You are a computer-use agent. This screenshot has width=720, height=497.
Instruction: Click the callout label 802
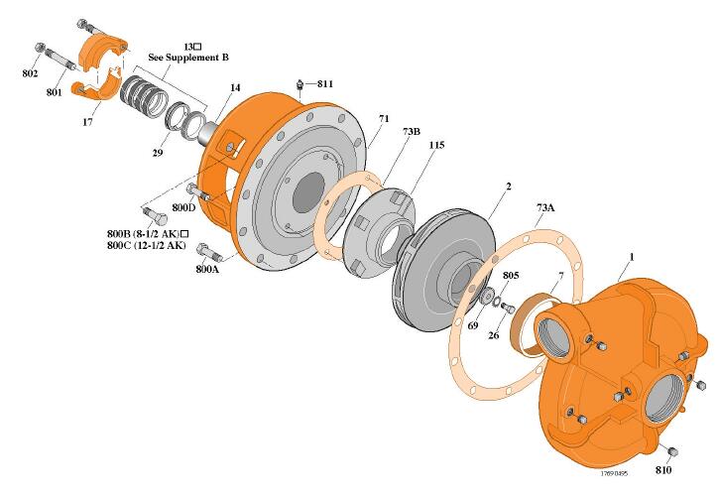[30, 73]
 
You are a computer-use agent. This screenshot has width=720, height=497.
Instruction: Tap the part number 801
[54, 92]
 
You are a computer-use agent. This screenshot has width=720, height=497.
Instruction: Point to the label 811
[325, 84]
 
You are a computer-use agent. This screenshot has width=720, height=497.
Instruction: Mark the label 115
[435, 145]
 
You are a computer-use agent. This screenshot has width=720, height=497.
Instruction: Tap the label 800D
[183, 208]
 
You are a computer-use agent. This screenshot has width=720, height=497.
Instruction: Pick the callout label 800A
[207, 269]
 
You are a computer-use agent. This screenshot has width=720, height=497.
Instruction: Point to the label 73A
[545, 208]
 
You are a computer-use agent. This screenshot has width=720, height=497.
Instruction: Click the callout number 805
[511, 275]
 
